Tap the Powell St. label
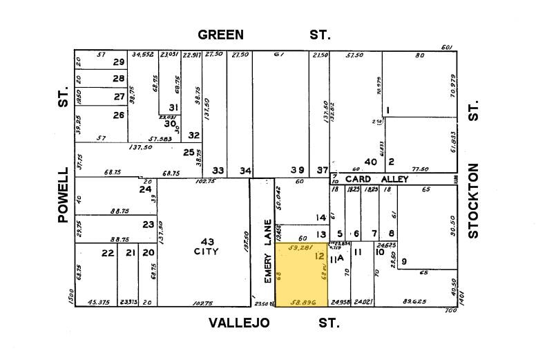click(63, 194)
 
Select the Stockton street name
click(473, 201)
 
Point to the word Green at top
click(220, 35)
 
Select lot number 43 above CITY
click(207, 240)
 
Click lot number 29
click(119, 62)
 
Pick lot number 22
click(107, 253)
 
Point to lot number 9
click(403, 260)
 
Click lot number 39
click(297, 170)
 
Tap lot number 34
click(245, 170)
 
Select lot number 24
click(144, 189)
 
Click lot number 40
click(371, 162)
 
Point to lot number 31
click(173, 107)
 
